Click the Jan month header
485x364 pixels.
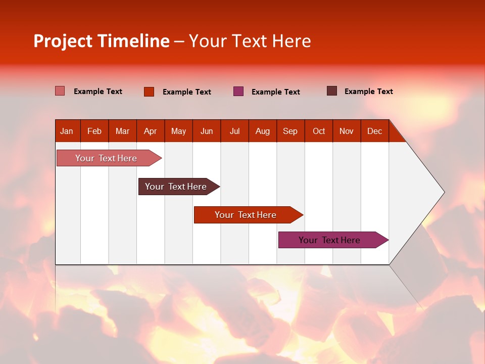click(x=67, y=131)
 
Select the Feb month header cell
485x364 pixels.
click(x=94, y=131)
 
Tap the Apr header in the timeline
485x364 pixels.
click(x=150, y=131)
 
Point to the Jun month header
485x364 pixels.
click(x=207, y=131)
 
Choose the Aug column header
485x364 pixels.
click(x=262, y=131)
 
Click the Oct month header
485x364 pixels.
click(x=319, y=131)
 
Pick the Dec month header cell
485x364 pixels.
click(x=374, y=131)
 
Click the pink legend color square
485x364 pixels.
click(x=60, y=91)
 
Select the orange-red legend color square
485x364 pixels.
click(x=149, y=92)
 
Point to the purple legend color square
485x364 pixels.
click(x=238, y=92)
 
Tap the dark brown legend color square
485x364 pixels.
click(x=332, y=91)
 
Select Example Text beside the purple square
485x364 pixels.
click(x=275, y=92)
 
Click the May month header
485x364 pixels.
click(x=178, y=131)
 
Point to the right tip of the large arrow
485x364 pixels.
click(x=444, y=192)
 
